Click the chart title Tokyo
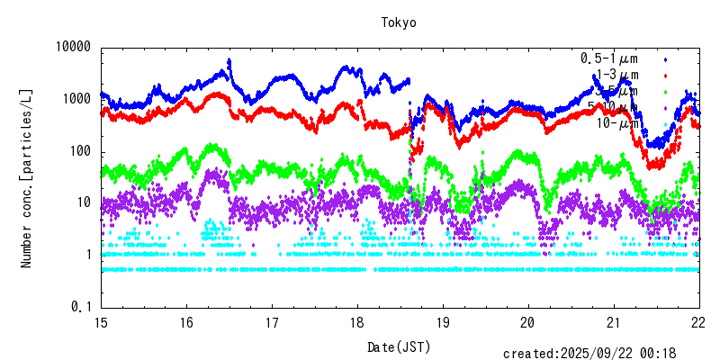click(x=399, y=22)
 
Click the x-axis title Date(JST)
click(x=399, y=346)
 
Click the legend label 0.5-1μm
click(x=609, y=58)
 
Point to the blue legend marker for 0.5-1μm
click(x=666, y=58)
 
